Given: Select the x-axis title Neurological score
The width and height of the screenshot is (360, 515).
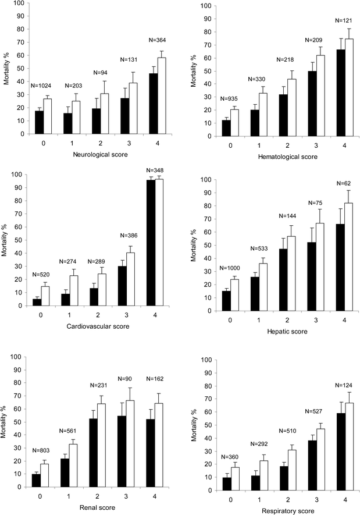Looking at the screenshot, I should (98, 154).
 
